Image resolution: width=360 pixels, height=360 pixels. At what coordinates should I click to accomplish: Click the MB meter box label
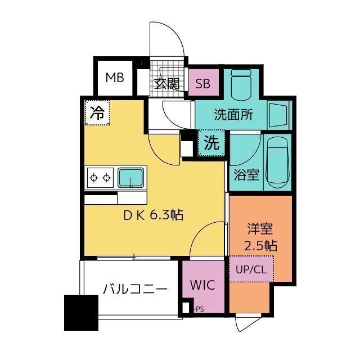pos(115,78)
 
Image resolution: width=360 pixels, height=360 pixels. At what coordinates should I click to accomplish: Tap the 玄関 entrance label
pos(166,84)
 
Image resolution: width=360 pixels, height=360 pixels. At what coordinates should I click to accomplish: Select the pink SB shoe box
pos(202,84)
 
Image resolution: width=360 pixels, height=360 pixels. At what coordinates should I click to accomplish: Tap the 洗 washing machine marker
pos(211,143)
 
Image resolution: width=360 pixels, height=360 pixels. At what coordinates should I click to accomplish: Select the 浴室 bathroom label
pos(246,174)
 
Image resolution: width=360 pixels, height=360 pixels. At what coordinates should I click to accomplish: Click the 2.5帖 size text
pos(260,245)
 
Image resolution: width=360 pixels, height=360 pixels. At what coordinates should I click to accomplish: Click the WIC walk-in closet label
pos(202,285)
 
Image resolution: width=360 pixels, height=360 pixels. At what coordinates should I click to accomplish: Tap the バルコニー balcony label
pos(135,290)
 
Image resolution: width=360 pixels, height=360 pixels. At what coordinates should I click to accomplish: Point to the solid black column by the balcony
pos(80,312)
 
